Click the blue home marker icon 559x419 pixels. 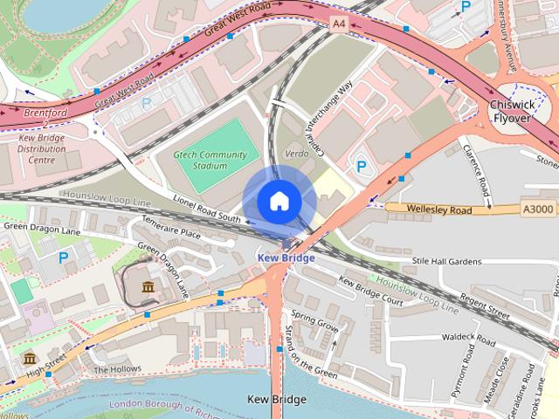tap(279, 201)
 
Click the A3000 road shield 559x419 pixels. tap(536, 209)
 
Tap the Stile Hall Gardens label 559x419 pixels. tap(446, 261)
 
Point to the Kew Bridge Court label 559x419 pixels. tap(370, 292)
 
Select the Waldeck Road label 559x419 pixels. tap(469, 336)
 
